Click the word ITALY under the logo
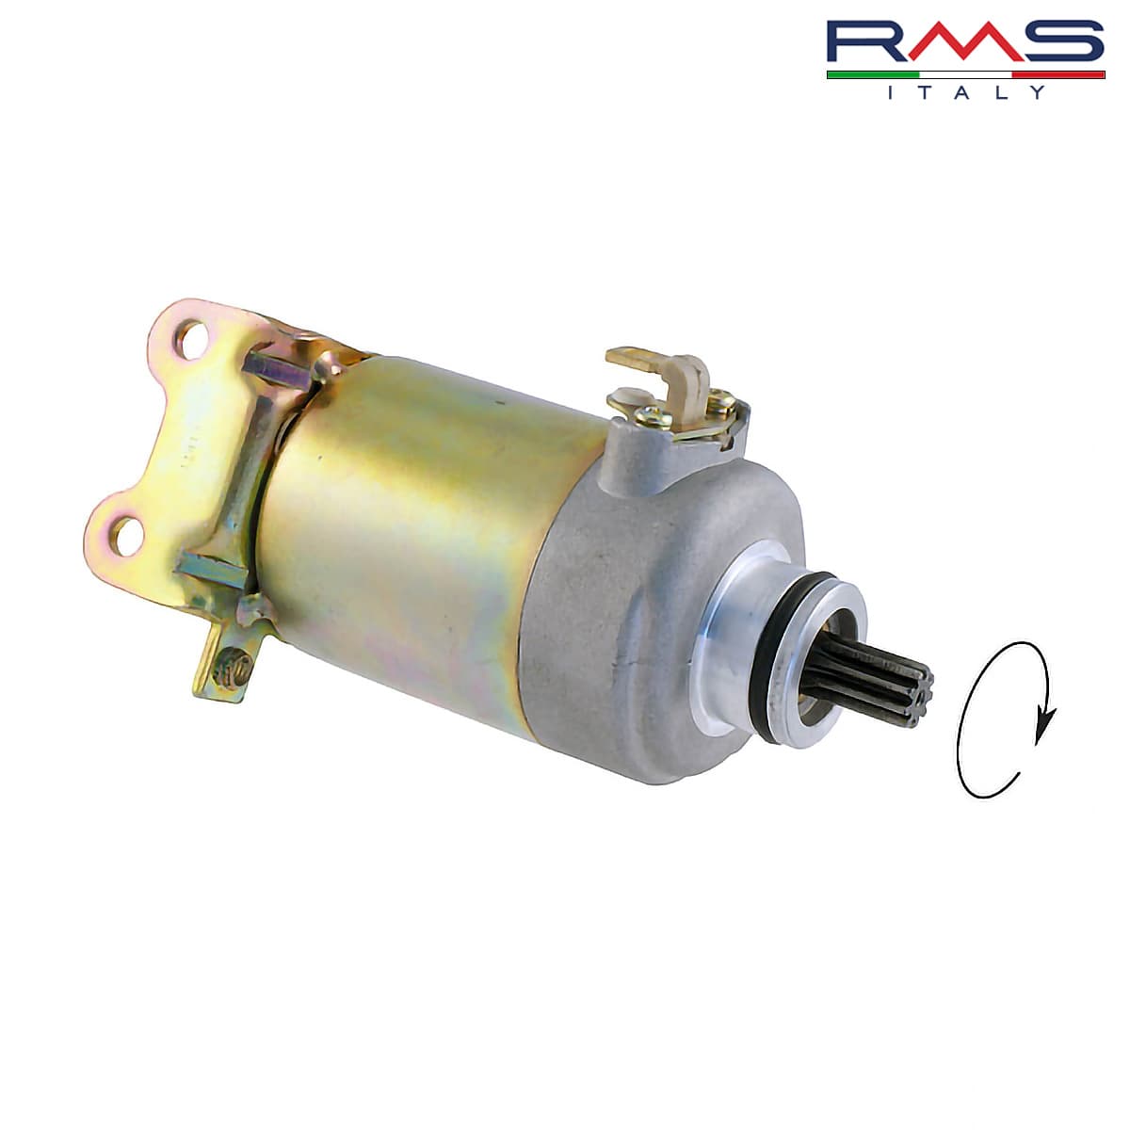click(x=965, y=92)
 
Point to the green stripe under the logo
click(x=871, y=73)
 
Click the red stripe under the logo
click(x=1059, y=73)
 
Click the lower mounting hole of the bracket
click(x=122, y=535)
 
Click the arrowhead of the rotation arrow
click(x=1041, y=731)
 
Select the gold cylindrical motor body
click(x=414, y=527)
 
